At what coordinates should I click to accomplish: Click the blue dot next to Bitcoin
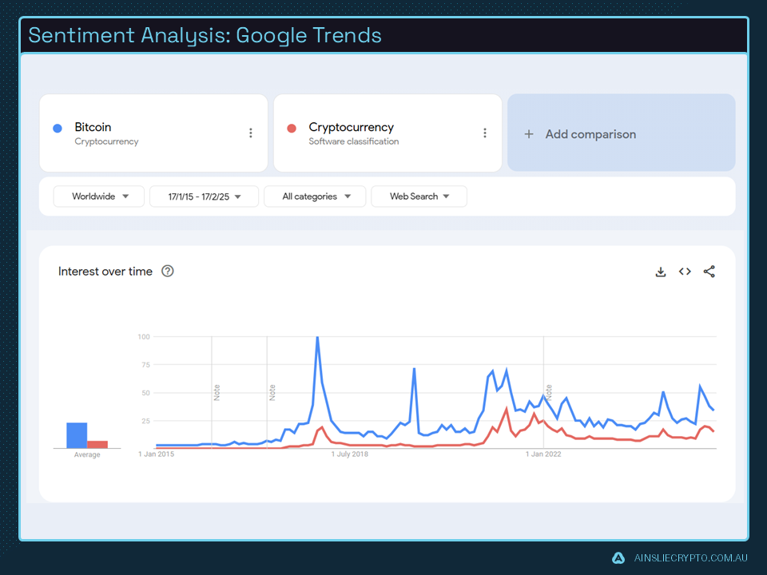click(58, 128)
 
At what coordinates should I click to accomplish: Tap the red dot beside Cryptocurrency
click(292, 128)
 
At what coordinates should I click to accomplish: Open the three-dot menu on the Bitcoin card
click(250, 133)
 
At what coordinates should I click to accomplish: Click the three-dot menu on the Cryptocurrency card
click(484, 133)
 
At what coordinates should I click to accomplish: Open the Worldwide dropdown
click(99, 196)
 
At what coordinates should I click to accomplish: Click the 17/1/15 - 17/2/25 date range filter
click(204, 196)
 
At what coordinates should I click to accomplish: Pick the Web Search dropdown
click(419, 196)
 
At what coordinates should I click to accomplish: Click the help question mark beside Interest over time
click(168, 272)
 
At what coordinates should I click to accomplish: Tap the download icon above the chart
click(661, 272)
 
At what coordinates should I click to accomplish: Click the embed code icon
click(685, 272)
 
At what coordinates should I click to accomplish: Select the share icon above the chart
click(709, 272)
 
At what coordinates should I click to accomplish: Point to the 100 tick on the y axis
click(143, 337)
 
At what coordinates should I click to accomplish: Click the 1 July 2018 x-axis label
click(352, 454)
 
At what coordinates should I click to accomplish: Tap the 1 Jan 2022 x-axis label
click(543, 454)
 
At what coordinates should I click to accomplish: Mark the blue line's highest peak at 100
click(317, 338)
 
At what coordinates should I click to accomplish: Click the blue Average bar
click(77, 435)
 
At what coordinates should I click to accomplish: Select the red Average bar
click(97, 444)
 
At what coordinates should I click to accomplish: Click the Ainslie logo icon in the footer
click(618, 557)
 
